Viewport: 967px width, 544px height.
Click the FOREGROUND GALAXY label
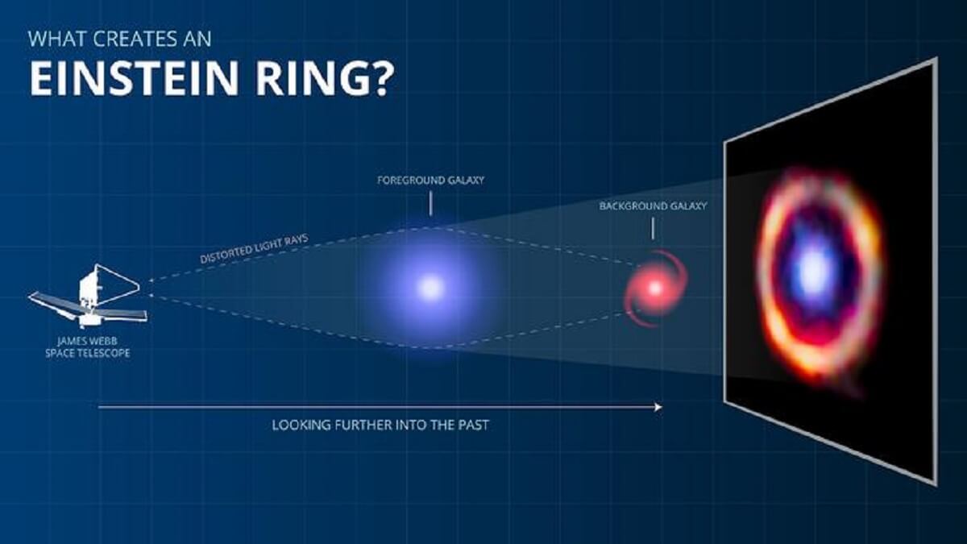click(x=430, y=181)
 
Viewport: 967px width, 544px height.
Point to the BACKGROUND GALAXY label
click(x=653, y=206)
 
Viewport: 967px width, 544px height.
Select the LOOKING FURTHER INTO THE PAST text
click(x=380, y=424)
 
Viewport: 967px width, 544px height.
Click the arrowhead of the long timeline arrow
click(x=658, y=408)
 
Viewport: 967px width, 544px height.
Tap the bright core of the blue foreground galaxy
click(x=431, y=287)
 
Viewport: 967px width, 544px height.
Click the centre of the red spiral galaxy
click(x=654, y=287)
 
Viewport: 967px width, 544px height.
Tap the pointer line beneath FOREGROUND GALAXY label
click(x=430, y=202)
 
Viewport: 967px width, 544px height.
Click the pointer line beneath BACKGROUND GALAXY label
click(x=653, y=229)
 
